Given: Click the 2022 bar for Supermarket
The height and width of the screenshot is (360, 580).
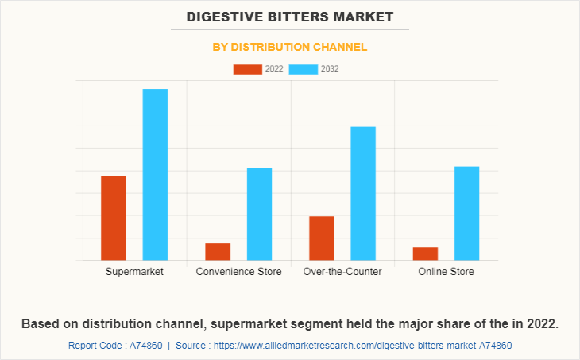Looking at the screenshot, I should [x=114, y=218].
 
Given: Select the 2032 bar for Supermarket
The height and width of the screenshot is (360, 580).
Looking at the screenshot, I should [x=155, y=174].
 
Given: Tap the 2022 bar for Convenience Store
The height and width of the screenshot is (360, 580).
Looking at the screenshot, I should [x=218, y=251].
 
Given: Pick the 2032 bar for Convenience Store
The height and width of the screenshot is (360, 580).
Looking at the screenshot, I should [x=259, y=214].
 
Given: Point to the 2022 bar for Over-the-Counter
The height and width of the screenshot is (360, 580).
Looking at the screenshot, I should [x=322, y=238].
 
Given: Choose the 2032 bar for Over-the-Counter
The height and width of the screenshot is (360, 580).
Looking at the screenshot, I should [x=363, y=193].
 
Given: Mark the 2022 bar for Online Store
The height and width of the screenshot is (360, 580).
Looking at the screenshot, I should [x=425, y=254].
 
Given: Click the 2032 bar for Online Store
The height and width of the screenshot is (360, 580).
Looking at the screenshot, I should [x=466, y=213].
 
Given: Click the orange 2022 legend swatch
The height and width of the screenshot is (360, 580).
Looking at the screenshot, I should [x=247, y=69].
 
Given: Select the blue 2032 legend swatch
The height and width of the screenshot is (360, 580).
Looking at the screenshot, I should [x=304, y=69].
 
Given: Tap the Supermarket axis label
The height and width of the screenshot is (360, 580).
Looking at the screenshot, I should [x=134, y=272].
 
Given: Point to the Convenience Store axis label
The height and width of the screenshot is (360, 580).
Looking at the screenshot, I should [x=238, y=272].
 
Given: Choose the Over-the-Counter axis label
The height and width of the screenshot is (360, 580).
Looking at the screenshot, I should [x=342, y=272].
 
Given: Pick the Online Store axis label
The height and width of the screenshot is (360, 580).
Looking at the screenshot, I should [x=446, y=272].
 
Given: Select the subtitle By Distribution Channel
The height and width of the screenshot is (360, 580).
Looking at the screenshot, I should [x=290, y=47].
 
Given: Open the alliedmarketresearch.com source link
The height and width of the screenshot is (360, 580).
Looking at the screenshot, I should [x=364, y=346].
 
